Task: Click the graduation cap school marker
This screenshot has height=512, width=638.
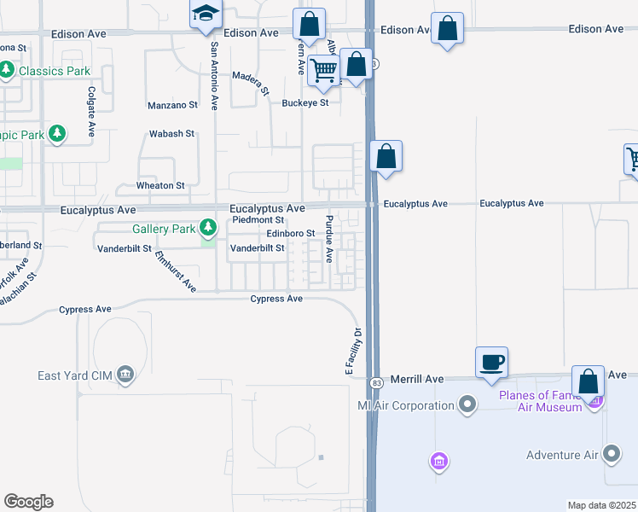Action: [x=206, y=15]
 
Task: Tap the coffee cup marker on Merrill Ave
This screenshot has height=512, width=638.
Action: [x=492, y=362]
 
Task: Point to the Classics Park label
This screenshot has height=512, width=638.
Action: [x=55, y=71]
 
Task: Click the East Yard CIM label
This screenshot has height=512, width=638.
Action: [x=75, y=375]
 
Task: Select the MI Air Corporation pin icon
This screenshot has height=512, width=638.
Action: [x=467, y=404]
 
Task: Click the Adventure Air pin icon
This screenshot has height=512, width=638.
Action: [x=612, y=453]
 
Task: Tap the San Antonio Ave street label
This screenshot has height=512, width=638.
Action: [x=214, y=76]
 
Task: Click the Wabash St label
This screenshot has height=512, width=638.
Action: [x=172, y=134]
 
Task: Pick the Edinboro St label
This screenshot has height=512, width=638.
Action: [x=291, y=233]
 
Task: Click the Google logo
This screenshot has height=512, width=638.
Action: [x=28, y=502]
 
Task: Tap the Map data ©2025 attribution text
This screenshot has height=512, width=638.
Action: [x=602, y=505]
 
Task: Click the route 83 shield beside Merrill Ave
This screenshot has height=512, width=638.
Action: [x=375, y=380]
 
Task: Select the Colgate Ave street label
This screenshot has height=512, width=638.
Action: [x=90, y=112]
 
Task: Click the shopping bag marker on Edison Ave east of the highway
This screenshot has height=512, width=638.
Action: [x=448, y=28]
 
